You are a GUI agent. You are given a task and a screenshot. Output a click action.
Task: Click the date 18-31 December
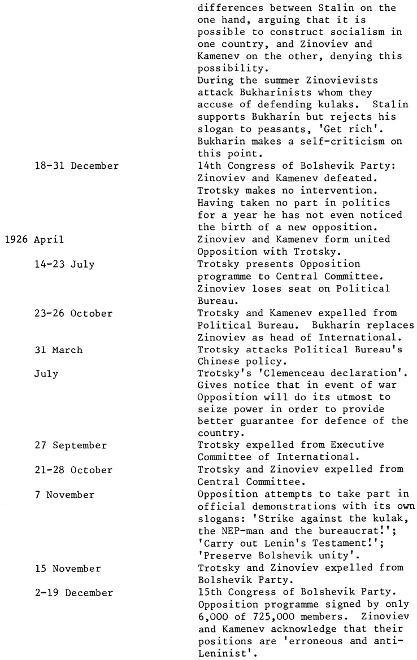pos(76,166)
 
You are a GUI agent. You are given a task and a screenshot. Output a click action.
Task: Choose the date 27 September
pos(71,445)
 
